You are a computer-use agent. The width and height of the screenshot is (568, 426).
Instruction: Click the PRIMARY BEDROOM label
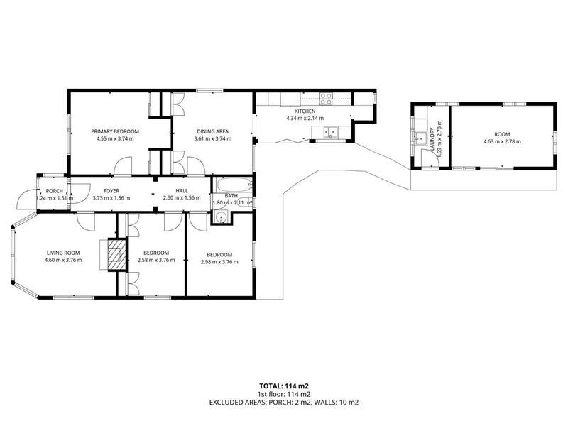(115, 131)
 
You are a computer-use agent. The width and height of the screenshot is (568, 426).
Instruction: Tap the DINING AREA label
(212, 131)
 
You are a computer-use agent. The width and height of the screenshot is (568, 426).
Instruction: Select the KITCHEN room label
(305, 111)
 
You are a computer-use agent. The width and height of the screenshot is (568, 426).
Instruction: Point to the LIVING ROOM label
(63, 253)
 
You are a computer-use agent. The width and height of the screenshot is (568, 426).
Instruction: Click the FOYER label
(111, 191)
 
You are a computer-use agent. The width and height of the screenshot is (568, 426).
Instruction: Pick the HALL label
(182, 191)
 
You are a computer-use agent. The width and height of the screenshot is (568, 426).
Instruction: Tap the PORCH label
(55, 191)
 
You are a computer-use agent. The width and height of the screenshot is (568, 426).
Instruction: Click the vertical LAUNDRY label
(432, 139)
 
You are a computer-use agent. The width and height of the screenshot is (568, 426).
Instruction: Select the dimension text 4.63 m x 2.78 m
(502, 141)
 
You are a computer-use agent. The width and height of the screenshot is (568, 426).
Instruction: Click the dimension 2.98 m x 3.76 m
(219, 262)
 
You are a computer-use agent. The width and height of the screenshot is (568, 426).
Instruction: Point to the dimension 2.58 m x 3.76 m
(156, 260)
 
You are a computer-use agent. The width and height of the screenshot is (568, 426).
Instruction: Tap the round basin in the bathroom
(220, 217)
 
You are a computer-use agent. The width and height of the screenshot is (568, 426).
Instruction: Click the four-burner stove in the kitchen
(326, 99)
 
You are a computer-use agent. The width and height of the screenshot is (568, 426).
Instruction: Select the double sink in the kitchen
(331, 132)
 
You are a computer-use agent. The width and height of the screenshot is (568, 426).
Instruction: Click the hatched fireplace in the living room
(116, 254)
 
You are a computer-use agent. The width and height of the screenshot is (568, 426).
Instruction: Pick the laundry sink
(420, 138)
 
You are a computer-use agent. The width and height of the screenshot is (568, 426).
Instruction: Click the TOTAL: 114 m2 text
(283, 386)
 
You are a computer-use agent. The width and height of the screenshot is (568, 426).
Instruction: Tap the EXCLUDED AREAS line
(283, 402)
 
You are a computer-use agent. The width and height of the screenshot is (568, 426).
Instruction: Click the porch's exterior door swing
(27, 200)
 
